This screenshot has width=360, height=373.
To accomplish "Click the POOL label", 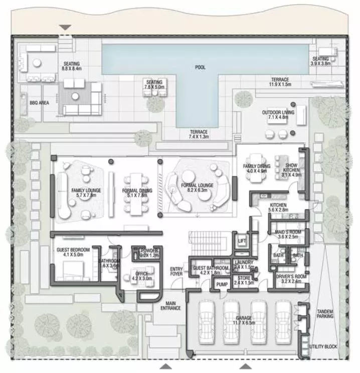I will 200,67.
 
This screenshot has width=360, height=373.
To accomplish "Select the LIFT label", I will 241,241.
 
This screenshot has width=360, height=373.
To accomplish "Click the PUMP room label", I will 222,285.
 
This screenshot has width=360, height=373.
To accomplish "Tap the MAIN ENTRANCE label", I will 169,306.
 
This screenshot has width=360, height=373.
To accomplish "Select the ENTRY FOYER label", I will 176,272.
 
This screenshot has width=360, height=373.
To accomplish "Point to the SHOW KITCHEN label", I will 291,168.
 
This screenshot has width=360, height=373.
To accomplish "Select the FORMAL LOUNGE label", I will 197,185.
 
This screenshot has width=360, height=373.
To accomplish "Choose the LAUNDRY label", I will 244,262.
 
